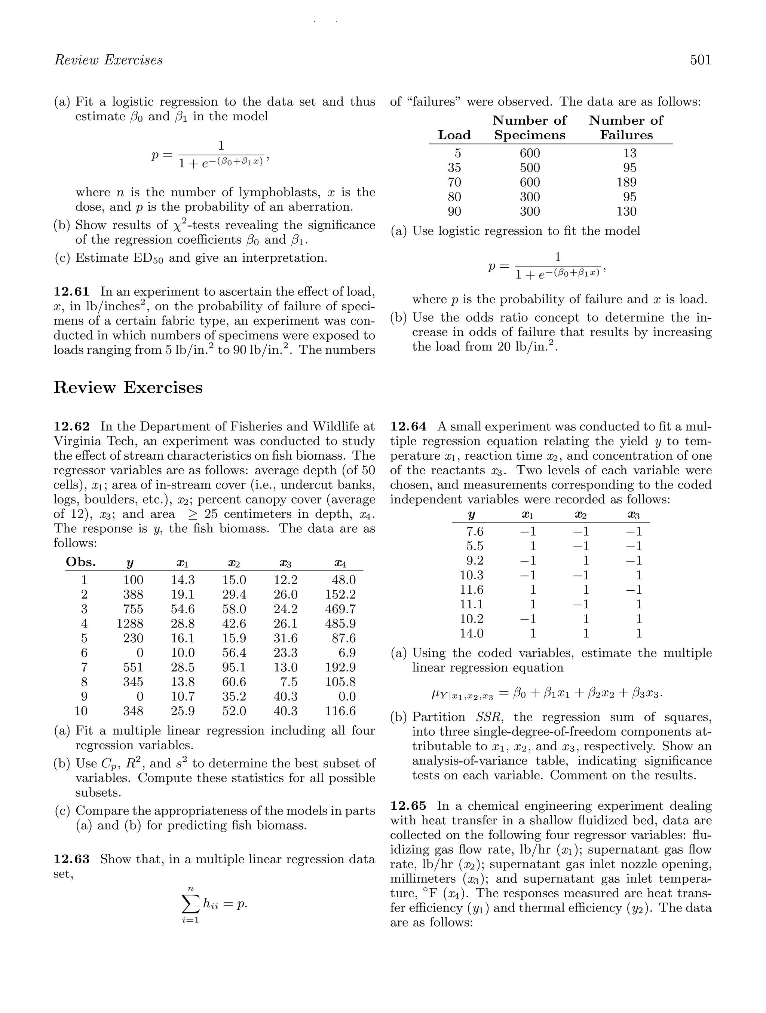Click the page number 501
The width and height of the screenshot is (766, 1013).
pos(701,60)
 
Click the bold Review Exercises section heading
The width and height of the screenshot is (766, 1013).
pos(128,387)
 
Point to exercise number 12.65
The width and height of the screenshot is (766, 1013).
pos(408,806)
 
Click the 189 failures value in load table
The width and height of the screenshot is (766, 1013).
pos(626,182)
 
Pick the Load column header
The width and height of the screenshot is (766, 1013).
pos(454,135)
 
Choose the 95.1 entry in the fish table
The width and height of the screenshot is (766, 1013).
pos(234,667)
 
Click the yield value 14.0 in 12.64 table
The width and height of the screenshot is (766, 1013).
pos(471,633)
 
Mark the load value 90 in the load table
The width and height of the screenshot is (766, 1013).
pos(454,212)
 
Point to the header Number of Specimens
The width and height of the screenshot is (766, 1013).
pos(529,128)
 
